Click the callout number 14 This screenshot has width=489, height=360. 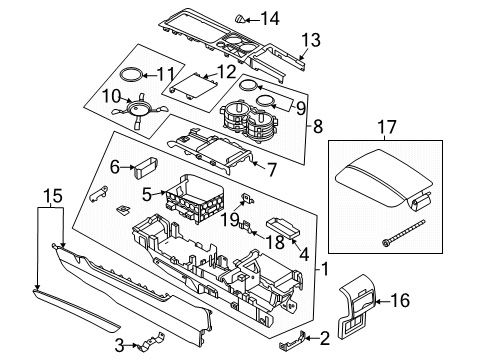pyautogui.click(x=270, y=17)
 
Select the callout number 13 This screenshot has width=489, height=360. pyautogui.click(x=311, y=40)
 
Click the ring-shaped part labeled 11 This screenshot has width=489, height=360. pyautogui.click(x=129, y=74)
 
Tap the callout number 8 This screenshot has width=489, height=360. pyautogui.click(x=317, y=127)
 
